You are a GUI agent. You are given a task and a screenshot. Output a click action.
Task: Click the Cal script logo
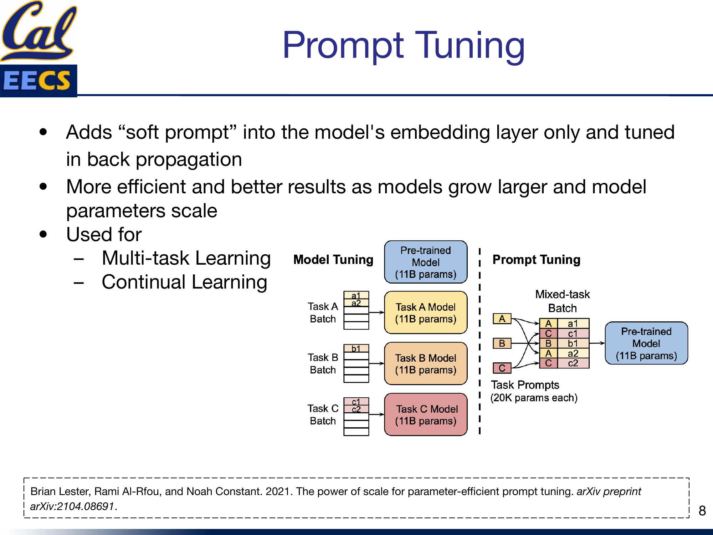(x=39, y=30)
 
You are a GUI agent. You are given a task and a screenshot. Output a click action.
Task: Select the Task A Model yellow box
(x=426, y=313)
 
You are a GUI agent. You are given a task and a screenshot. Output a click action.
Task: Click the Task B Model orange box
(x=426, y=364)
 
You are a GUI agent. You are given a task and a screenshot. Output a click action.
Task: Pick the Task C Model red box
(x=426, y=415)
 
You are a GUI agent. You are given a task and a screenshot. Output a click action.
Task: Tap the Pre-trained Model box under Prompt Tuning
(x=646, y=343)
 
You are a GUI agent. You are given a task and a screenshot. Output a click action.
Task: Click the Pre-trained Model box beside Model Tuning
(x=426, y=262)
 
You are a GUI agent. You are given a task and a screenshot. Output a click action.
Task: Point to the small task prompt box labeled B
(x=502, y=343)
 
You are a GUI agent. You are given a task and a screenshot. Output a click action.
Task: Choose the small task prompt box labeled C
(x=502, y=368)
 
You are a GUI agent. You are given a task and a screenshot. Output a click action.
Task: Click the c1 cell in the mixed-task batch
(x=573, y=333)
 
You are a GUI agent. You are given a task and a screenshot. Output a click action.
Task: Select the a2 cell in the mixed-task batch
(x=573, y=353)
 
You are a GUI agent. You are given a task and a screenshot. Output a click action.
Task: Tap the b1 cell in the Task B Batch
(x=356, y=348)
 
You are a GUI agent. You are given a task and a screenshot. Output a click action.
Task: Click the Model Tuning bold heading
(x=333, y=260)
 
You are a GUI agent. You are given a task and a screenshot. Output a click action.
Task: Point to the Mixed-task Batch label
(x=562, y=301)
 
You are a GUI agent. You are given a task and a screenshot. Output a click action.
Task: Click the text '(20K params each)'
(x=534, y=398)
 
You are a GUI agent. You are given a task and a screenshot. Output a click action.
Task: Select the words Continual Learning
(x=184, y=282)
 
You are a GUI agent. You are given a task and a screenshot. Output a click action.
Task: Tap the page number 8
(x=702, y=511)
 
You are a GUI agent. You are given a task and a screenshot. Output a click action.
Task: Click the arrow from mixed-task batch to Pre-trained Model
(x=597, y=343)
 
